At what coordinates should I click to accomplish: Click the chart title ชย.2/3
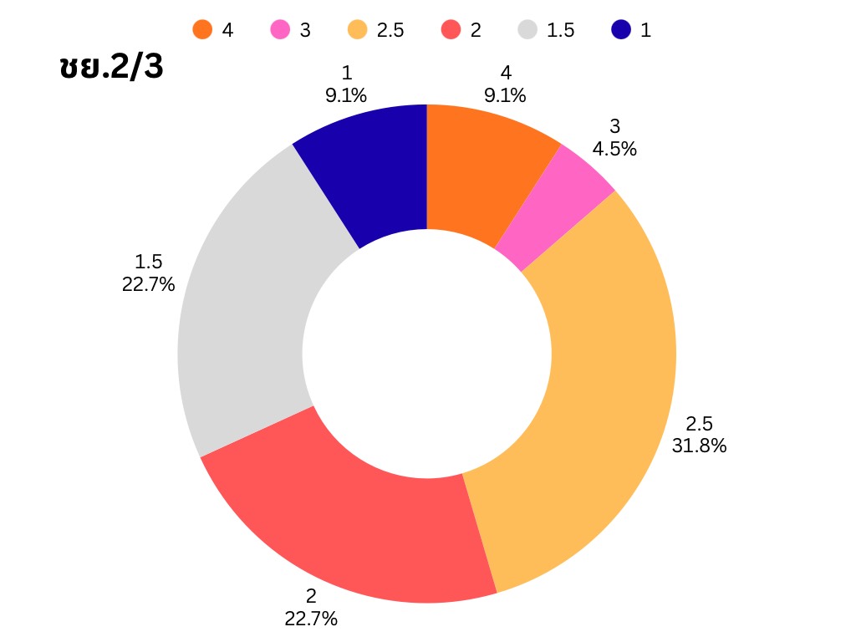pyautogui.click(x=111, y=68)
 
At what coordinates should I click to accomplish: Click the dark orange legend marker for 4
pyautogui.click(x=202, y=30)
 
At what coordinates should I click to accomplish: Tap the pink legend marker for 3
pyautogui.click(x=280, y=30)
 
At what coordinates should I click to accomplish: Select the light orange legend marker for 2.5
pyautogui.click(x=358, y=30)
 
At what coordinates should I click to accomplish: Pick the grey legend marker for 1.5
pyautogui.click(x=527, y=30)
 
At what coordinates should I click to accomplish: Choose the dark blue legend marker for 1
pyautogui.click(x=621, y=30)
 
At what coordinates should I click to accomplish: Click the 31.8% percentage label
pyautogui.click(x=699, y=446)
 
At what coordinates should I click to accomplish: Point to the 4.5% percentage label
pyautogui.click(x=614, y=149)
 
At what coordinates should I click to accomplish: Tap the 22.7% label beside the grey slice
pyautogui.click(x=148, y=284)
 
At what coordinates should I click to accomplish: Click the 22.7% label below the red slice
pyautogui.click(x=311, y=619)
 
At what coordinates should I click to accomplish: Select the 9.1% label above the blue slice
pyautogui.click(x=346, y=95)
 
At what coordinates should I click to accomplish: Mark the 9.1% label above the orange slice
pyautogui.click(x=505, y=95)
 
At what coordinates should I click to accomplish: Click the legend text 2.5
pyautogui.click(x=390, y=30)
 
